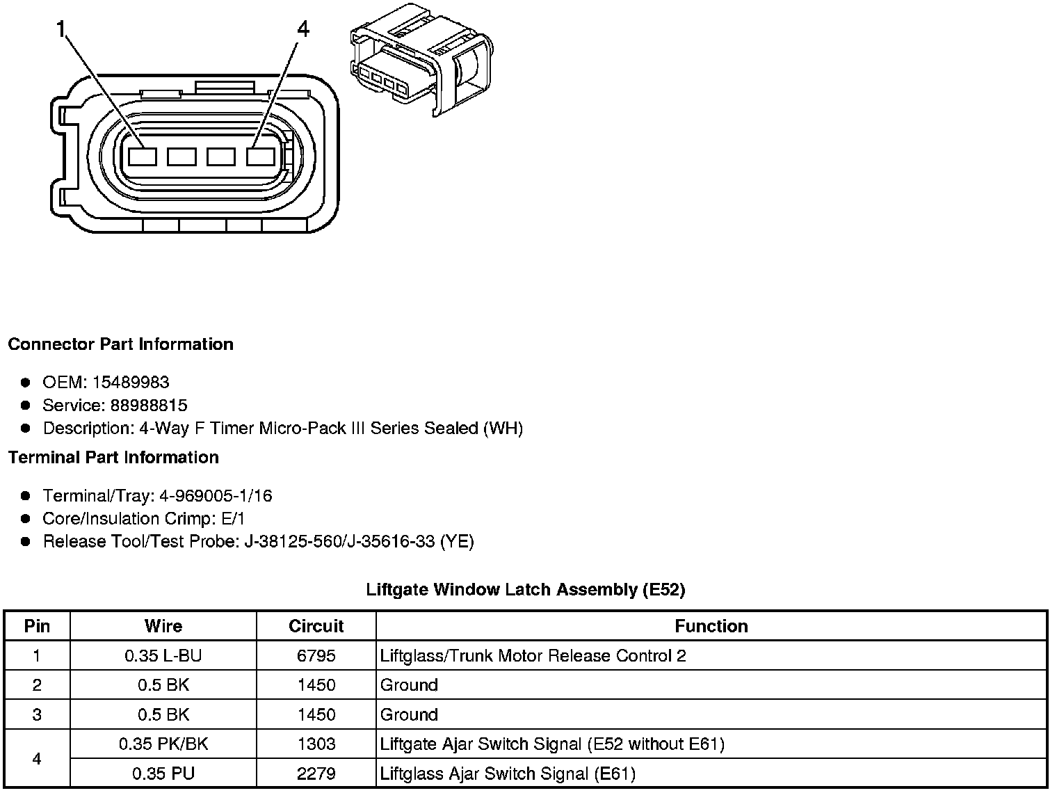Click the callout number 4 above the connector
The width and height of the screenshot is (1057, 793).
pos(302,29)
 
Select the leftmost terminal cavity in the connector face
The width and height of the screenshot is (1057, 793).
pos(142,157)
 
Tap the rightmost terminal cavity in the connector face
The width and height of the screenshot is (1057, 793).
pos(261,157)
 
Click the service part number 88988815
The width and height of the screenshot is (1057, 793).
pos(149,405)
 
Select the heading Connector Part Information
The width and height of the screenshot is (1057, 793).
pos(121,344)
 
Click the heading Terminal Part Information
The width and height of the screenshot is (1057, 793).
pos(113,457)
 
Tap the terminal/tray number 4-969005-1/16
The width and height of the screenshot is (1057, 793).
pos(216,496)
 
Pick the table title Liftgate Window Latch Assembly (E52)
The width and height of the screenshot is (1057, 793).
pos(526,590)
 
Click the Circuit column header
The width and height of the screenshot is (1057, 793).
pos(316,626)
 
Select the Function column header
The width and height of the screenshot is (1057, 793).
pos(711,626)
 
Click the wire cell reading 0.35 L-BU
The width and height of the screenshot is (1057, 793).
pos(163,655)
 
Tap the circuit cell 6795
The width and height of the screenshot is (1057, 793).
pos(316,655)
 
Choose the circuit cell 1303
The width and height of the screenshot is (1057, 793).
pos(316,744)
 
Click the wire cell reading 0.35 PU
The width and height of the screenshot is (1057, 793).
pos(163,773)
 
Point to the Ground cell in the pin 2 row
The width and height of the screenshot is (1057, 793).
pos(409,685)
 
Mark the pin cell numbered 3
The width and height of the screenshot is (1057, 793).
pos(37,714)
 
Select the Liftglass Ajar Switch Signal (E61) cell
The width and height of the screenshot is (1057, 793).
pos(508,773)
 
